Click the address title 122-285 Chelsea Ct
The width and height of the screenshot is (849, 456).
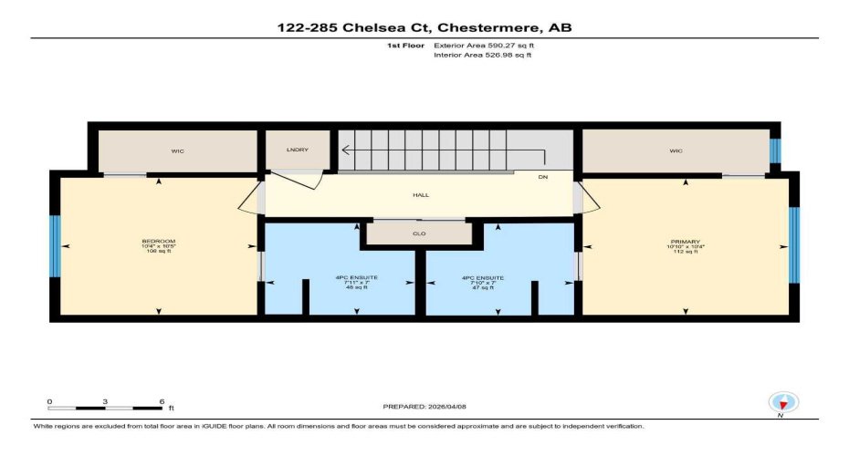coord(424,27)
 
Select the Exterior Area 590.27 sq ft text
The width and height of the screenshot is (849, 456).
coord(482,44)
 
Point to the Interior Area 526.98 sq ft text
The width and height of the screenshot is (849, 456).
coord(482,55)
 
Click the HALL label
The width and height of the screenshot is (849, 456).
coord(420,194)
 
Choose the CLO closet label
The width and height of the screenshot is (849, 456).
coord(419,233)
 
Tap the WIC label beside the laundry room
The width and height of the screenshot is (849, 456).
coord(177,150)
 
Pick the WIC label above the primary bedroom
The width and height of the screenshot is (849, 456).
coord(676,150)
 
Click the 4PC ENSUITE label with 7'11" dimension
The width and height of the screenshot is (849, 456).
coord(340,278)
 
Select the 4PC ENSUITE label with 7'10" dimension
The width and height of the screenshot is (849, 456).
coord(483,278)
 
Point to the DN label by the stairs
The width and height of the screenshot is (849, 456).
coord(542,177)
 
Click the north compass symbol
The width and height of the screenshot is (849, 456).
coord(783,402)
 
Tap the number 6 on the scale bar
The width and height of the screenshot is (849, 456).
coord(161,401)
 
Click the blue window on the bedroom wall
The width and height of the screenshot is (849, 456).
coord(56,246)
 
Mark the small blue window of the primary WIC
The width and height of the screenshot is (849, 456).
coord(776,150)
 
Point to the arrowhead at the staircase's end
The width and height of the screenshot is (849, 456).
coord(345,151)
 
